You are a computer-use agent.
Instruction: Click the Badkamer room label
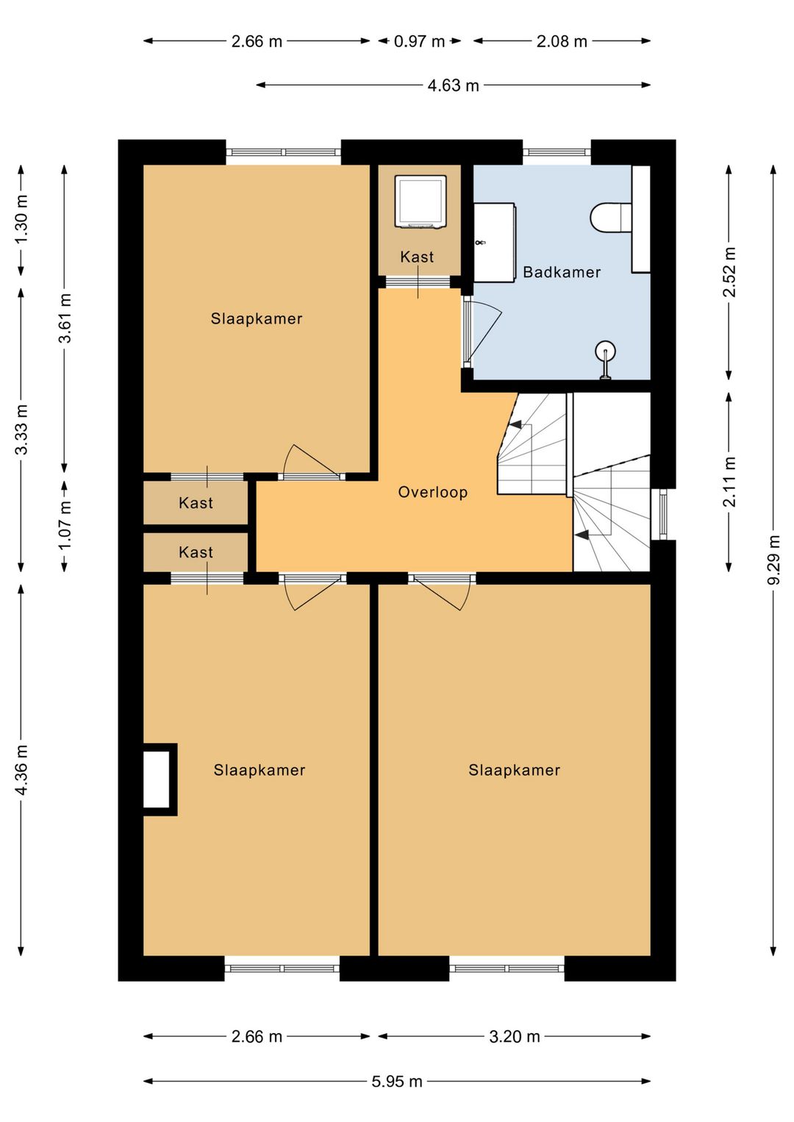coord(561,272)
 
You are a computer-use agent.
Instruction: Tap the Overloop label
coord(433,492)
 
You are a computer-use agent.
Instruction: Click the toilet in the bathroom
coord(611,218)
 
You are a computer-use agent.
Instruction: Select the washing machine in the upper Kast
coord(420,202)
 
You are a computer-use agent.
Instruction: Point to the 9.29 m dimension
coord(774,560)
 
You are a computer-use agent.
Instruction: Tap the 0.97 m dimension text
coord(419,41)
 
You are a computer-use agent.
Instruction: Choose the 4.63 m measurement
coord(453,85)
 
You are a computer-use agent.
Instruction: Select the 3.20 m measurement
coord(515,1037)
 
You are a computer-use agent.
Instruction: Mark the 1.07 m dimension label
coord(65,526)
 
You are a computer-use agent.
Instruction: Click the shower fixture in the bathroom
coord(606,360)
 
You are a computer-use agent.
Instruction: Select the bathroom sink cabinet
coord(495,243)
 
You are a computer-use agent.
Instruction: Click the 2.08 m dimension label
coord(562,41)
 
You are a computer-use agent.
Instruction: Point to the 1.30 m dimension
coord(21,221)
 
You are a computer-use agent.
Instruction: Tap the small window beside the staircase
coord(663,515)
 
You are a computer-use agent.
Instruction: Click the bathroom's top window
coord(557,151)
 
